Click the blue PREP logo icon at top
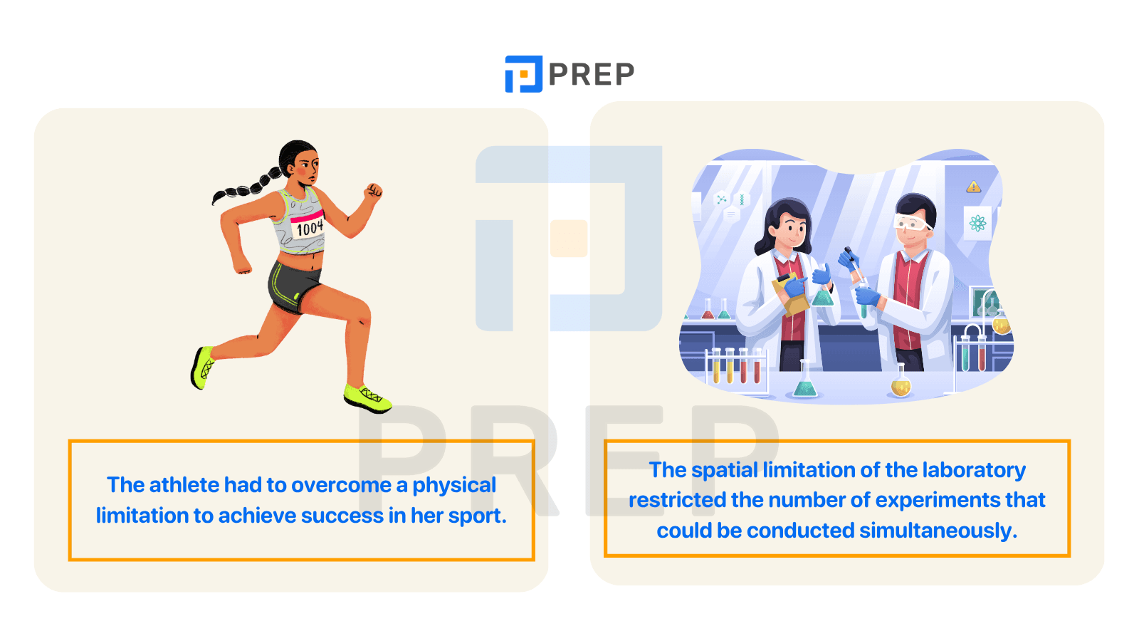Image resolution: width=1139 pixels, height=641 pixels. click(x=523, y=74)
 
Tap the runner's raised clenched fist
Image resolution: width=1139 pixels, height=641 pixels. click(x=374, y=191)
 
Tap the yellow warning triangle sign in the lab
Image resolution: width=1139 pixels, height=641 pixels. click(x=973, y=187)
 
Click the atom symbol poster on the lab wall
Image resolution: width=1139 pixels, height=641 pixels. click(x=977, y=223)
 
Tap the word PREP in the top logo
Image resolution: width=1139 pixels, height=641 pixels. click(x=592, y=74)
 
